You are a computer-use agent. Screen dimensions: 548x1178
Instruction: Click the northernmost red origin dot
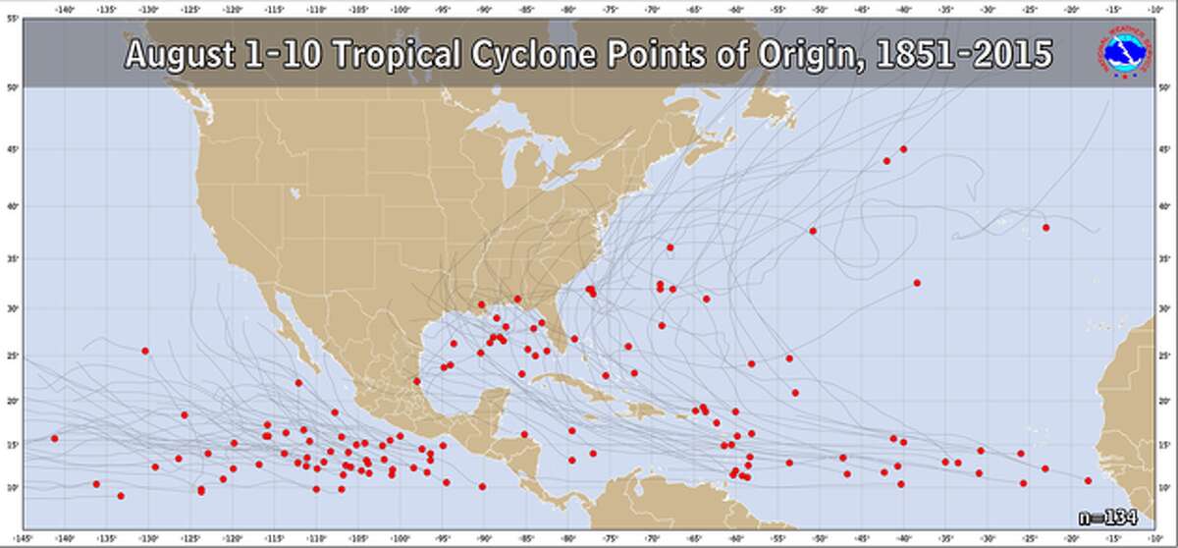click(903, 149)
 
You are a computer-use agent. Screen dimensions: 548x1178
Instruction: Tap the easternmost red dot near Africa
click(1088, 480)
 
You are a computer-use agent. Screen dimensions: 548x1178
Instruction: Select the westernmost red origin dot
click(55, 438)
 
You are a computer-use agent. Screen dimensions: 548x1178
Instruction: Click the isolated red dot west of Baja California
click(145, 351)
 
